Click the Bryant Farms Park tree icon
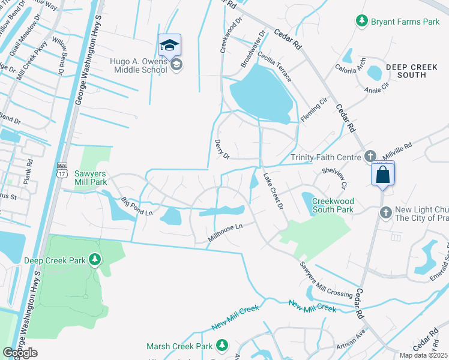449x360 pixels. click(361, 22)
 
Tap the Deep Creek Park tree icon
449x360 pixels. click(94, 260)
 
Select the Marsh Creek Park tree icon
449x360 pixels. click(222, 346)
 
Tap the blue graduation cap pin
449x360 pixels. click(169, 45)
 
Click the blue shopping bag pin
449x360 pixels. click(382, 175)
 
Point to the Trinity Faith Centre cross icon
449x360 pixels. click(370, 157)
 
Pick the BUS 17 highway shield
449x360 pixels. click(61, 169)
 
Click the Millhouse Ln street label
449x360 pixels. click(224, 233)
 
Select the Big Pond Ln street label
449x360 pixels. click(137, 206)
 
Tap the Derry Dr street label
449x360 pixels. click(222, 149)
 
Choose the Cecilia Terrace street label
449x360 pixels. click(276, 68)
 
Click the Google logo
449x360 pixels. click(20, 353)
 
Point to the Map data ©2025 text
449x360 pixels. click(424, 355)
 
